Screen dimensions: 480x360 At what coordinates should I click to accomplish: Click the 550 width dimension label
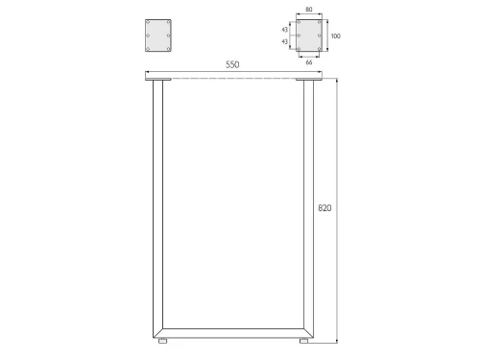tap(232, 64)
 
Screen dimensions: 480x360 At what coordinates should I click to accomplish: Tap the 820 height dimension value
tap(324, 208)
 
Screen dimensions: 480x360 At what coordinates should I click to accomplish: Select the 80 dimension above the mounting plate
tap(309, 10)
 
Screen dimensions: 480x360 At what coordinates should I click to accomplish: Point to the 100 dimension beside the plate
tap(335, 36)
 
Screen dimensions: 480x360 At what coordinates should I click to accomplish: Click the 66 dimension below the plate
tap(309, 62)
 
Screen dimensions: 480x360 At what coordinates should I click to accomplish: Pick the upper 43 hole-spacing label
tap(284, 30)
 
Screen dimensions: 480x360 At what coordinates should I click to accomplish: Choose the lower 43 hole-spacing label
tap(284, 41)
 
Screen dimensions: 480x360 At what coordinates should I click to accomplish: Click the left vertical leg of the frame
tap(157, 208)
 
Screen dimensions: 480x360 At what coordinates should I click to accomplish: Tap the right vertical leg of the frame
tap(308, 208)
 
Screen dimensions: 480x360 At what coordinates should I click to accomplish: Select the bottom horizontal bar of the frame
tap(233, 333)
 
